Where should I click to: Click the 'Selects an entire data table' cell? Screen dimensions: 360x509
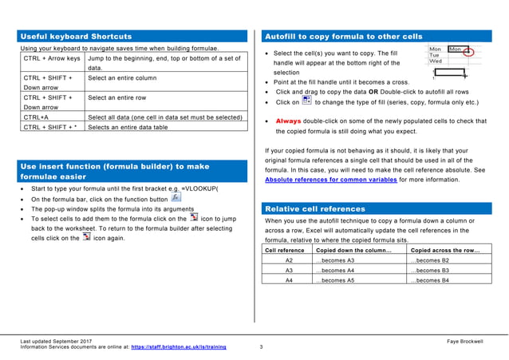pyautogui.click(x=128, y=127)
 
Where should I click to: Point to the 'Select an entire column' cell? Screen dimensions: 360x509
pyautogui.click(x=123, y=78)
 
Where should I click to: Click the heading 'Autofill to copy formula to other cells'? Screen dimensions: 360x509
pyautogui.click(x=343, y=37)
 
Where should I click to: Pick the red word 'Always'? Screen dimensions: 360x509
pyautogui.click(x=289, y=121)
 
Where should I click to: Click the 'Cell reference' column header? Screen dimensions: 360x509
pyautogui.click(x=285, y=251)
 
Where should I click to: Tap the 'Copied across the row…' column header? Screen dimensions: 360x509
pyautogui.click(x=444, y=251)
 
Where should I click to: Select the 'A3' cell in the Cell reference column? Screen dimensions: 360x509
pyautogui.click(x=289, y=271)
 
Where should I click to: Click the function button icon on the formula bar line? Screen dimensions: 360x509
pyautogui.click(x=176, y=197)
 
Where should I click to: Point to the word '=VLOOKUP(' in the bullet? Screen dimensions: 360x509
pyautogui.click(x=199, y=188)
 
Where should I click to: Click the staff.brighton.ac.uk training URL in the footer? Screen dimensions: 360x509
pyautogui.click(x=178, y=348)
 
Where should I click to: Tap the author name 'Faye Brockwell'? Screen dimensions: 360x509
pyautogui.click(x=465, y=342)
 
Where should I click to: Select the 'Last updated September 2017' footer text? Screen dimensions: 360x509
pyautogui.click(x=56, y=342)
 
